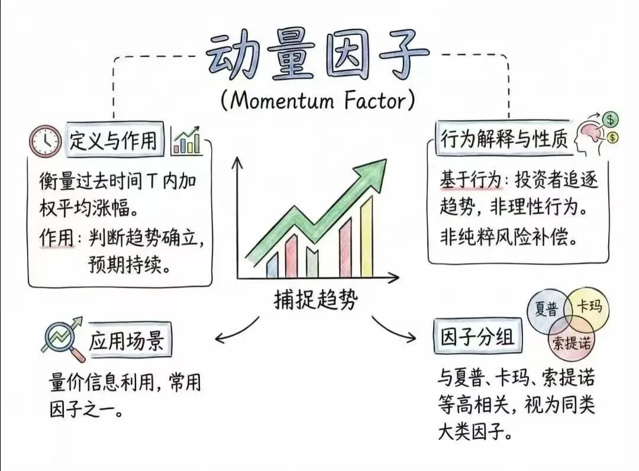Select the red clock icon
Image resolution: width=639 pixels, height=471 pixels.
pyautogui.click(x=45, y=141)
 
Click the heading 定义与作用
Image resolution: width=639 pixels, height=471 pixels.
pyautogui.click(x=114, y=141)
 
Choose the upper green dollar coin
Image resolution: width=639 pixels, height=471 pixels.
pyautogui.click(x=610, y=120)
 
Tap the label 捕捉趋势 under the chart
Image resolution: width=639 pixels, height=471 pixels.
pyautogui.click(x=315, y=300)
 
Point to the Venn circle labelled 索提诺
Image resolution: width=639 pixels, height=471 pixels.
pyautogui.click(x=571, y=341)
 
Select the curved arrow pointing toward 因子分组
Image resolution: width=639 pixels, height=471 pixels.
pyautogui.click(x=393, y=331)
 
